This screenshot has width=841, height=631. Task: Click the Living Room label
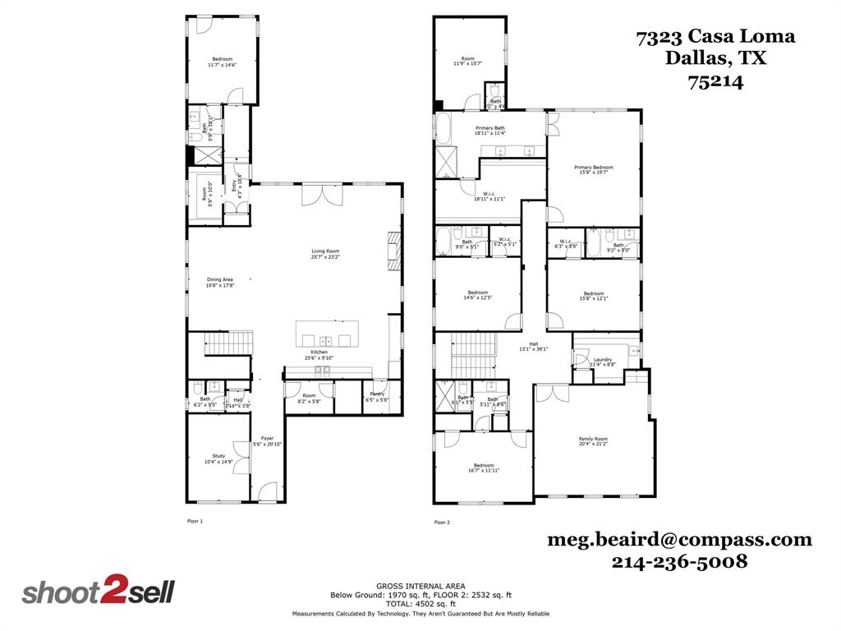point(325,255)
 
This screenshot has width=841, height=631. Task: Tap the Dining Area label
point(220,283)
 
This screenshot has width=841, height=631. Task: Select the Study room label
point(218,458)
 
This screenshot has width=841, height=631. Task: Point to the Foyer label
point(268,441)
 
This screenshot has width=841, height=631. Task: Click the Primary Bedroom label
point(593,170)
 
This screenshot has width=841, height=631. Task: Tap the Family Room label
point(593,441)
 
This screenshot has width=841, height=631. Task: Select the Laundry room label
point(602,362)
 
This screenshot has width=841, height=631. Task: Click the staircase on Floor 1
point(227,343)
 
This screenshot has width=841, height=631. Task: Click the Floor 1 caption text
point(195,522)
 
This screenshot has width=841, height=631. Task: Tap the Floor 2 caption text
point(442,522)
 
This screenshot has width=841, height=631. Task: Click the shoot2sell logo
point(98,592)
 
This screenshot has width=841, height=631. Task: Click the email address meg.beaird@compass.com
point(679,540)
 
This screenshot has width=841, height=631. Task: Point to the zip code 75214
point(715,81)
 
